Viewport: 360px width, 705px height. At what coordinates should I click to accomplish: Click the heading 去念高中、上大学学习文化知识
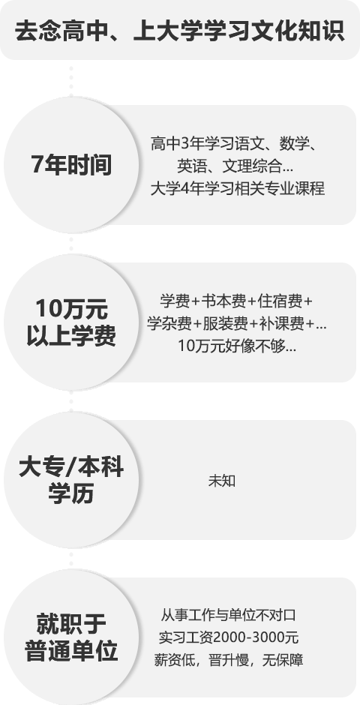180,32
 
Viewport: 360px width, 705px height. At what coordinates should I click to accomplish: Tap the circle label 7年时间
71,165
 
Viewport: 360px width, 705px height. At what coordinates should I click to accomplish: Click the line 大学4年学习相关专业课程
237,188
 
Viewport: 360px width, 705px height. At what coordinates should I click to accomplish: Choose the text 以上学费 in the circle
71,335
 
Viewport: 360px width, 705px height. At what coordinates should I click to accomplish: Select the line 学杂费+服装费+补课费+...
237,323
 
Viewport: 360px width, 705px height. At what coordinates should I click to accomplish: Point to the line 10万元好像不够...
237,346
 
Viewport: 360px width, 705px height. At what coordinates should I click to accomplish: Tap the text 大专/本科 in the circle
71,467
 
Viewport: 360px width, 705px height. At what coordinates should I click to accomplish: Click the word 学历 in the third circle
71,493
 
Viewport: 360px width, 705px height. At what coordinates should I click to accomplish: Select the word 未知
221,481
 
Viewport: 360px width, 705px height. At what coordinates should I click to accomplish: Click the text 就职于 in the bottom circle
71,624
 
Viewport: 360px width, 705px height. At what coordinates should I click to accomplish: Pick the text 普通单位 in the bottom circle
71,650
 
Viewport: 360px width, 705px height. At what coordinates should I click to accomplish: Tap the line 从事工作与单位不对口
228,615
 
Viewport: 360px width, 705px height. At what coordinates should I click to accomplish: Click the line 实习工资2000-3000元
229,637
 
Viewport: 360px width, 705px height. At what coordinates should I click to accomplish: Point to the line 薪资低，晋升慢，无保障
229,660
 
